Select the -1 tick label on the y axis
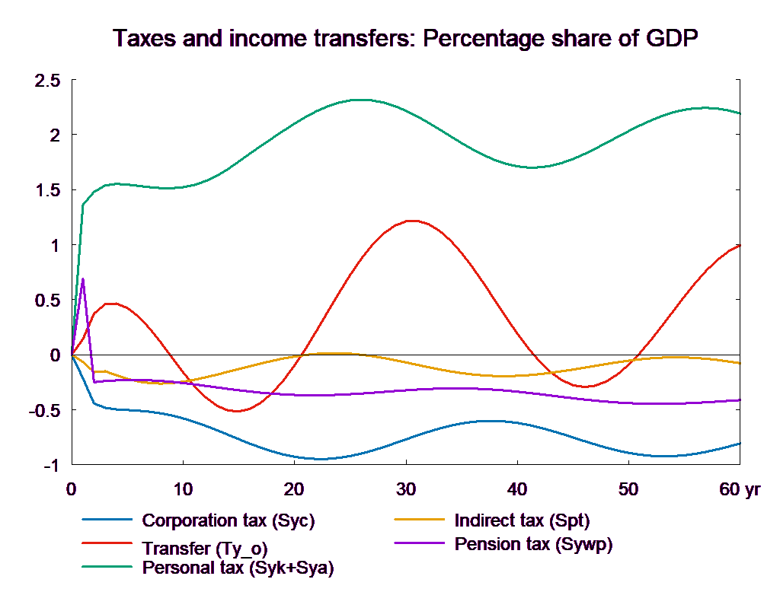click(50, 465)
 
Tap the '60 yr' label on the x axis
click(740, 489)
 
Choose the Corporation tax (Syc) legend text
click(229, 521)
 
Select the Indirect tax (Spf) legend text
click(522, 521)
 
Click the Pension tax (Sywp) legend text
click(533, 544)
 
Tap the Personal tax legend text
click(238, 568)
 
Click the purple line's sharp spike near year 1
click(82, 278)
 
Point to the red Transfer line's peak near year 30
click(411, 221)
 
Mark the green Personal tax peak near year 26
click(363, 100)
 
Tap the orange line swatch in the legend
click(420, 520)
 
